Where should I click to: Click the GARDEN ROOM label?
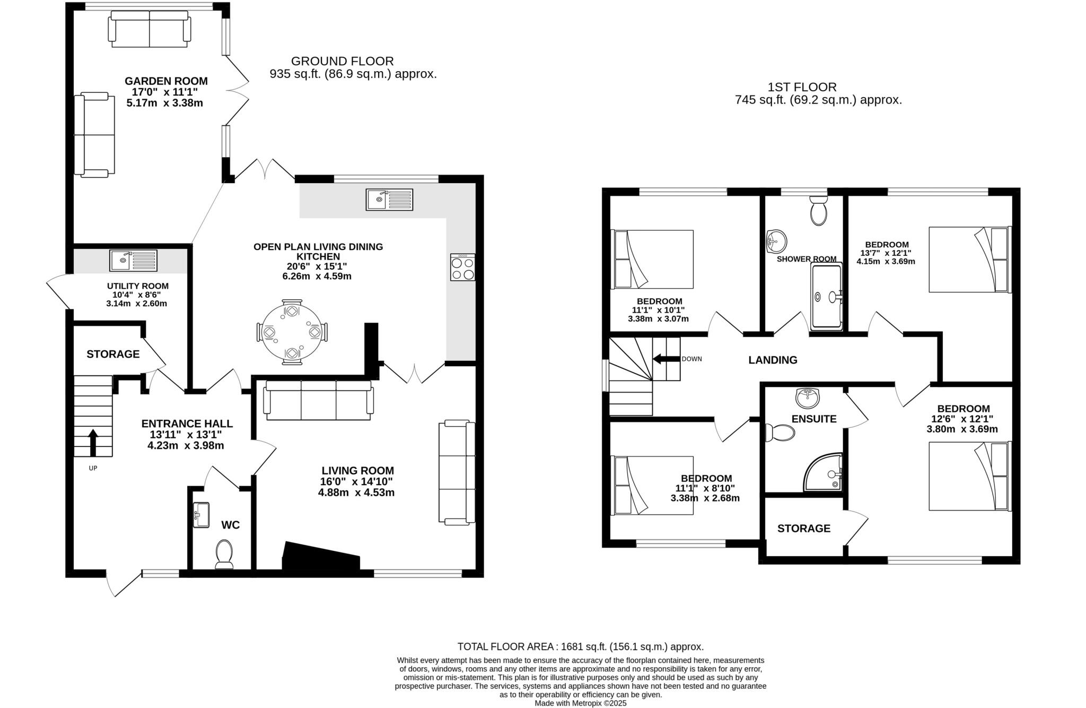point(166,81)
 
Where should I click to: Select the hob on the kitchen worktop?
point(462,267)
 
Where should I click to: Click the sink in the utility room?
point(134,260)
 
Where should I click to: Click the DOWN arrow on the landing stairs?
point(666,359)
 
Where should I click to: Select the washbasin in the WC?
point(201,515)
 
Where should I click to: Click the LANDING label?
point(773,360)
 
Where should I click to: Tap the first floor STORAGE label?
point(803,528)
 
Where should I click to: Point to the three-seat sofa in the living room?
point(318,401)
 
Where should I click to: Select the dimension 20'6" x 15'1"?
point(317,266)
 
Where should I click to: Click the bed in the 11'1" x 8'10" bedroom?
point(653,485)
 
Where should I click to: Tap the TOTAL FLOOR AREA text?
point(580,646)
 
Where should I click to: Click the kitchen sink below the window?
point(389,199)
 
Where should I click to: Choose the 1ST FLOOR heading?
point(802,87)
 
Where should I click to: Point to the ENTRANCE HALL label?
point(187,424)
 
